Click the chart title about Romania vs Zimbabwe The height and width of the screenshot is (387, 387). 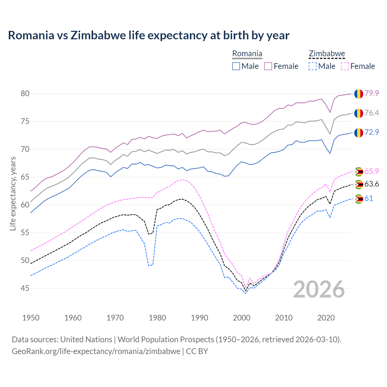pos(148,35)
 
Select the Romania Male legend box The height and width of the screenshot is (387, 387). pos(236,66)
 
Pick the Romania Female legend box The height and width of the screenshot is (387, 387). pos(268,66)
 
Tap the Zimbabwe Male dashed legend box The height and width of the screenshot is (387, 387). pos(313,66)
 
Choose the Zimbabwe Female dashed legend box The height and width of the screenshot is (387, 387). pos(345,66)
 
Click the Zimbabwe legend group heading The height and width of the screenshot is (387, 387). pos(327,54)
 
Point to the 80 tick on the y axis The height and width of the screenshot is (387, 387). pos(25,93)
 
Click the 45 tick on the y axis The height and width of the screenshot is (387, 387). pos(25,288)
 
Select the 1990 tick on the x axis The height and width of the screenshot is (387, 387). pos(200,318)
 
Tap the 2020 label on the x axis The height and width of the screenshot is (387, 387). pos(326,318)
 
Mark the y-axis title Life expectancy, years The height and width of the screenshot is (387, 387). pos(13,193)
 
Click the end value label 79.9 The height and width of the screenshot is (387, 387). pos(372,93)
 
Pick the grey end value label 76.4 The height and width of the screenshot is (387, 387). pos(372,113)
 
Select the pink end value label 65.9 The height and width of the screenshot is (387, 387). pos(372,171)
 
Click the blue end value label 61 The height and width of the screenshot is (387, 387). pos(369,198)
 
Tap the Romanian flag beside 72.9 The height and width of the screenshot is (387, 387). pos(359,132)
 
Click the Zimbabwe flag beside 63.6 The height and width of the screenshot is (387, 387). pos(359,184)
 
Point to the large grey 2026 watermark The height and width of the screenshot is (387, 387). pos(319,289)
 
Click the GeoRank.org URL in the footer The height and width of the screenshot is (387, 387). pos(96,351)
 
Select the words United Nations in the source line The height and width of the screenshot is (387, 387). pos(86,339)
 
